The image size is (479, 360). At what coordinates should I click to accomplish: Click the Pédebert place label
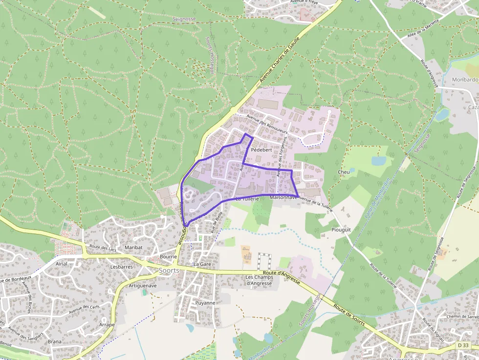coord(261,150)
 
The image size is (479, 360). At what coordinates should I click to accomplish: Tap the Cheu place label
coord(344,172)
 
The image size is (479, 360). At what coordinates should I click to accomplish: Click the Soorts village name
coord(169,270)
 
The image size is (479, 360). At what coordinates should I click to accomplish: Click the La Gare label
coord(202,264)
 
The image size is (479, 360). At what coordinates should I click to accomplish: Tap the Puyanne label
coord(205,303)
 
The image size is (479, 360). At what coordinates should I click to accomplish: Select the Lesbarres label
coord(122,267)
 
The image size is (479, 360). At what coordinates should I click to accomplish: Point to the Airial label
coord(62,263)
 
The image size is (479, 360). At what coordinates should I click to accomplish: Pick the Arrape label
coord(107,324)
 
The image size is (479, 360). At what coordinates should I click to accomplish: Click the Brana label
coord(55,341)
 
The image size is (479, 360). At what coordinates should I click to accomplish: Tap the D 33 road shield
coord(463,345)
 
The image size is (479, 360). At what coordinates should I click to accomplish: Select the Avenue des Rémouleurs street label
coord(268,124)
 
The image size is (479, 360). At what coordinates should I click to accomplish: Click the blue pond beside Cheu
coord(378,161)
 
